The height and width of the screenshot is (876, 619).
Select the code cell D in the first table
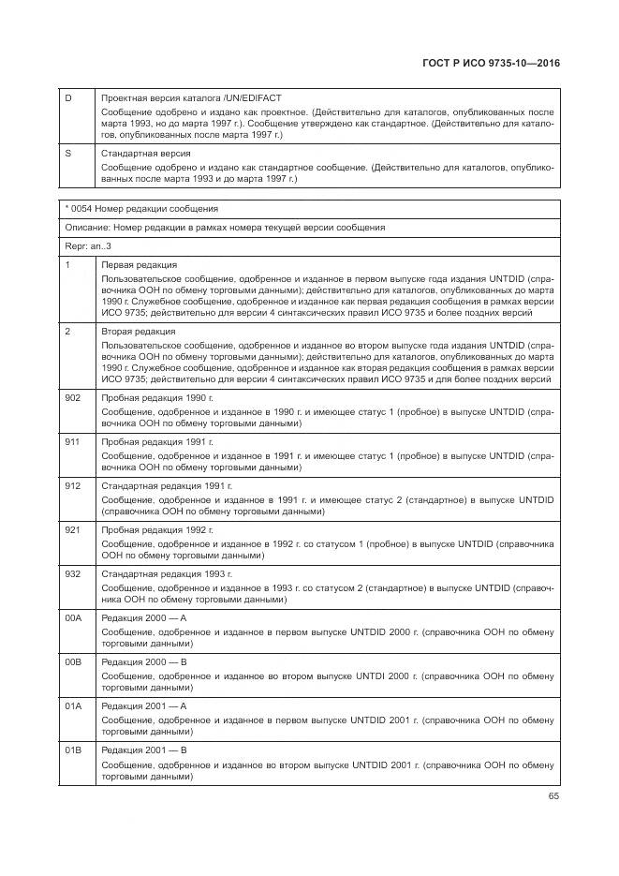tap(68, 98)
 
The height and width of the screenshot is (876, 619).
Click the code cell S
tap(68, 153)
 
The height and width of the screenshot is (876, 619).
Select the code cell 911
tap(72, 441)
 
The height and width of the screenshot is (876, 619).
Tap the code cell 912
tap(72, 486)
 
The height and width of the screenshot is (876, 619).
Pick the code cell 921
tap(72, 529)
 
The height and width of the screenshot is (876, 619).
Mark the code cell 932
tap(72, 573)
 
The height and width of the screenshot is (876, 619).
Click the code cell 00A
tap(73, 617)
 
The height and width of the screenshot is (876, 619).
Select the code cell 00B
tap(73, 661)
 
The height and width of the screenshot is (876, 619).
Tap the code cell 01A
tap(73, 705)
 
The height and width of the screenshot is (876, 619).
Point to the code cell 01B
tap(73, 750)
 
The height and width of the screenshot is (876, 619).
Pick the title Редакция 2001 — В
tap(145, 750)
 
